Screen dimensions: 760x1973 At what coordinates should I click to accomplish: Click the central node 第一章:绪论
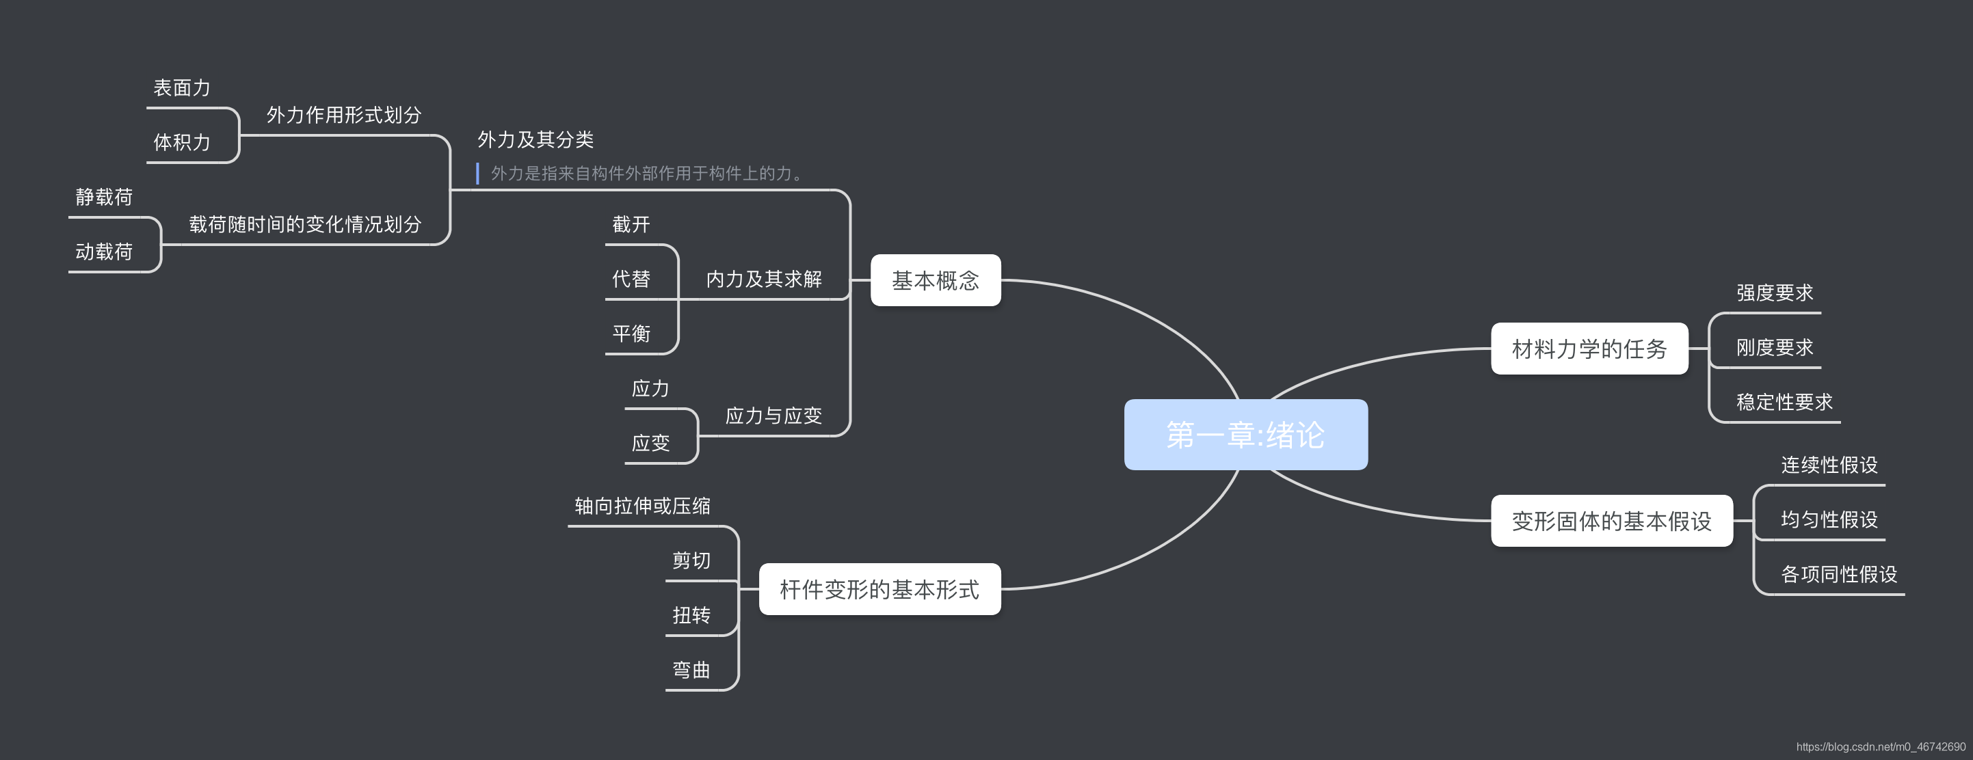click(x=1245, y=435)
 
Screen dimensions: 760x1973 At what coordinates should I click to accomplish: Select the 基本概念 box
click(x=935, y=280)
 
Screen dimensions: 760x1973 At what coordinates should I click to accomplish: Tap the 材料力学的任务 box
click(x=1589, y=349)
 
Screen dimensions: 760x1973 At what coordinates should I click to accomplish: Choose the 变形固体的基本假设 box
click(x=1611, y=521)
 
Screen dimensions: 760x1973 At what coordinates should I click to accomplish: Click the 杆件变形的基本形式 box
click(x=879, y=589)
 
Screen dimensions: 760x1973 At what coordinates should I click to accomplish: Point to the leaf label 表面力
click(x=181, y=88)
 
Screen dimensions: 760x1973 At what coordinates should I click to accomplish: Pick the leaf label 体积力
click(x=181, y=142)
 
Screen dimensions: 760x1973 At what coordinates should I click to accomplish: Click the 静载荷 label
click(x=104, y=198)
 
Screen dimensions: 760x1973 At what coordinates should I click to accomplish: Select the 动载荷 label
click(x=104, y=252)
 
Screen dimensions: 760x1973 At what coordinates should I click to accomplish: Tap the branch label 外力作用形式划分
click(x=344, y=115)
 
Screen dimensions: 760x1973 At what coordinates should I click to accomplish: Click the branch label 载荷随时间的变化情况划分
click(x=305, y=224)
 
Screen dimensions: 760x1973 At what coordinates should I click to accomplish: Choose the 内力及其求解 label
click(x=764, y=280)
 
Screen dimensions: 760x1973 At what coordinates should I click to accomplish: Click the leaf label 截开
click(x=631, y=224)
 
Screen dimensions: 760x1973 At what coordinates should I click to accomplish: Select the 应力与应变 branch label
click(x=773, y=416)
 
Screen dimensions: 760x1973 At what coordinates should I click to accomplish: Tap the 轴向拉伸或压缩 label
click(x=643, y=506)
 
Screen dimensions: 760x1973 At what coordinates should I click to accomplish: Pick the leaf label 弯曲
click(x=691, y=670)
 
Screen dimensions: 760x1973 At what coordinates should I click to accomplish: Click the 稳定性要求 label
click(x=1784, y=402)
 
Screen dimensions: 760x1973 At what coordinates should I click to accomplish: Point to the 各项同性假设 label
click(x=1839, y=574)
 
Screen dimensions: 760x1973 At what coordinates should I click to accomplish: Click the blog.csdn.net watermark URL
click(x=1880, y=747)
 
